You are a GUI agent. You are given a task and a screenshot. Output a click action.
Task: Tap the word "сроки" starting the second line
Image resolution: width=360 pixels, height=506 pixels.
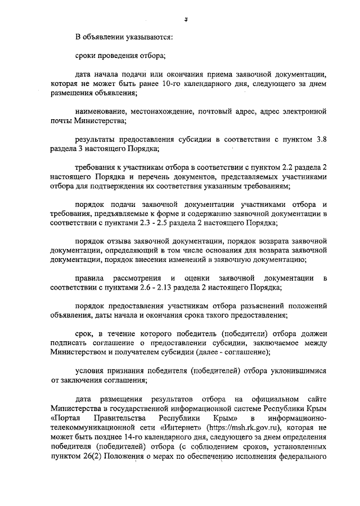(x=87, y=56)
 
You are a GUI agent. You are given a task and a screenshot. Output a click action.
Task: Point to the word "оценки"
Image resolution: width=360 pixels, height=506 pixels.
(x=199, y=278)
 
